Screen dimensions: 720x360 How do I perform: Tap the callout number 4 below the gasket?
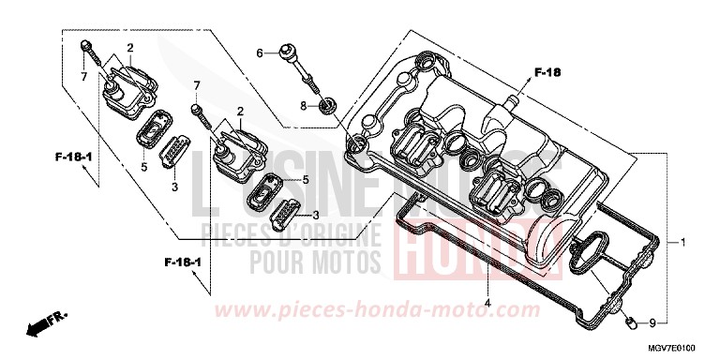point(488,303)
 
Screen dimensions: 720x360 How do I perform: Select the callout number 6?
point(261,53)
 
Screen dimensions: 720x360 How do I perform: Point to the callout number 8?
point(304,106)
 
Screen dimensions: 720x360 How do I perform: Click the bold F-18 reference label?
point(546,71)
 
